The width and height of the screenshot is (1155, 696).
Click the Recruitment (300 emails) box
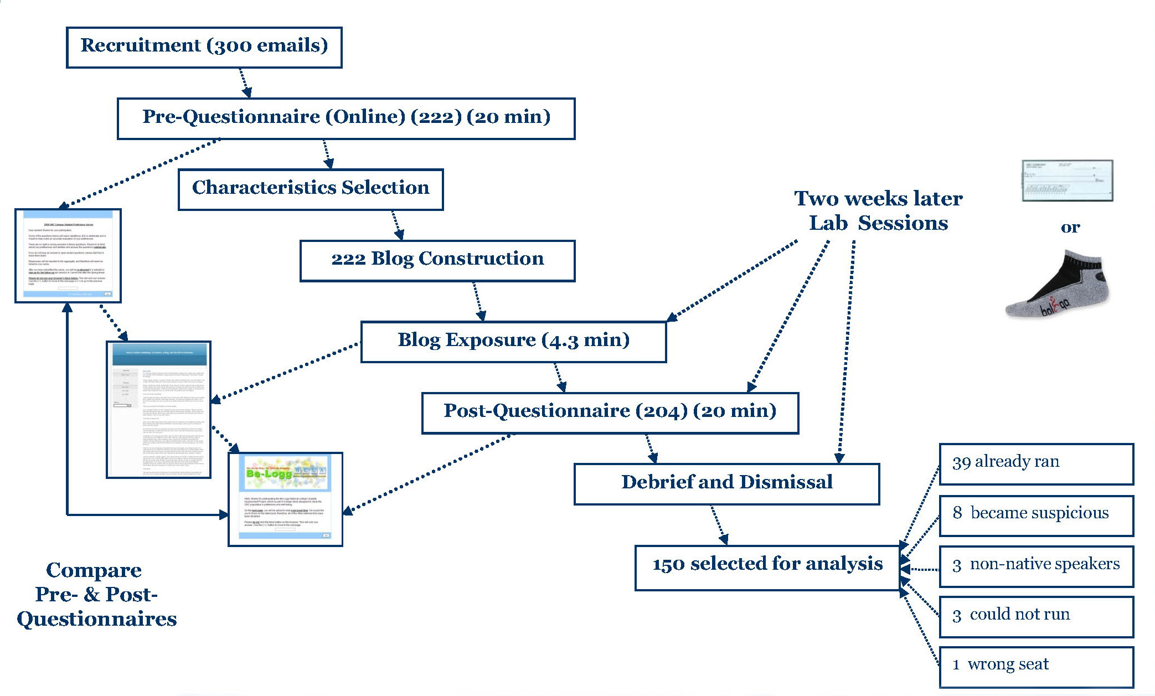pyautogui.click(x=204, y=48)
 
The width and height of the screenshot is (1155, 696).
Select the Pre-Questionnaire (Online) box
pyautogui.click(x=346, y=118)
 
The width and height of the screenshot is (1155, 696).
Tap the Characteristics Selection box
pyautogui.click(x=311, y=189)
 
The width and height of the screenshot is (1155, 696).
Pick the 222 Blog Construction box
pyautogui.click(x=437, y=261)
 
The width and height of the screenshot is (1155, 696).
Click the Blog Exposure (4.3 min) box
pyautogui.click(x=513, y=342)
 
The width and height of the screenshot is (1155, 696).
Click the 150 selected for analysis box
pyautogui.click(x=767, y=568)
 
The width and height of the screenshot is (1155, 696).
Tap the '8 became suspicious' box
pyautogui.click(x=1036, y=515)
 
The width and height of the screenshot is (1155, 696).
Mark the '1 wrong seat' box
pyautogui.click(x=1036, y=667)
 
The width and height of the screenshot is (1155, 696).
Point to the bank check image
pyautogui.click(x=1067, y=181)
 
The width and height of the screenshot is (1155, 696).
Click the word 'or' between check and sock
pyautogui.click(x=1070, y=228)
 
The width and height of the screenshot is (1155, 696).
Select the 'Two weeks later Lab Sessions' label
pyautogui.click(x=878, y=211)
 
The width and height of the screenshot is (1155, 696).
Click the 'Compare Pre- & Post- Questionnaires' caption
pyautogui.click(x=96, y=595)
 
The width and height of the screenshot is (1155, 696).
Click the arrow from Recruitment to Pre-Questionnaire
pyautogui.click(x=245, y=83)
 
